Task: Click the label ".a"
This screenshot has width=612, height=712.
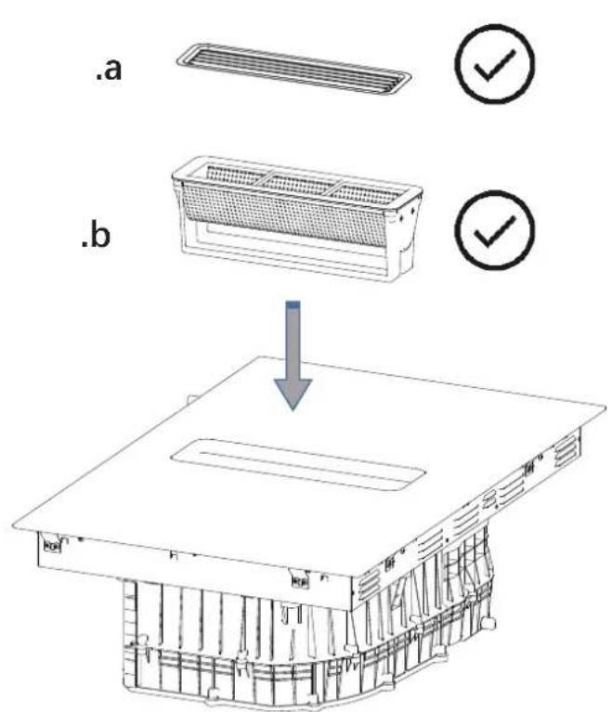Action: [x=108, y=71]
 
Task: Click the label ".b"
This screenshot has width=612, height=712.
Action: [x=96, y=236]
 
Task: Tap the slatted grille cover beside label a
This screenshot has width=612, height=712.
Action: [x=294, y=70]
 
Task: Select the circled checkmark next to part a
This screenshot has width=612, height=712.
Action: [x=495, y=63]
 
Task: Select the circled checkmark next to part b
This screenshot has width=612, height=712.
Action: [x=495, y=230]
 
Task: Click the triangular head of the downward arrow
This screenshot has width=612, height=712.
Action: [x=293, y=395]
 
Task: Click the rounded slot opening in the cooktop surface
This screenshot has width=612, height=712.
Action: [x=298, y=464]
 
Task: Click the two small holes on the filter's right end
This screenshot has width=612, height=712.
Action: [x=407, y=214]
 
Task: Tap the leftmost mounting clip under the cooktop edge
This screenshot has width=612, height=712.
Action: [x=51, y=544]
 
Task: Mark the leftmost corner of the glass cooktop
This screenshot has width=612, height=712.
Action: [x=12, y=525]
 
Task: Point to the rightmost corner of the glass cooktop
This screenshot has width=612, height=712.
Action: [x=605, y=408]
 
